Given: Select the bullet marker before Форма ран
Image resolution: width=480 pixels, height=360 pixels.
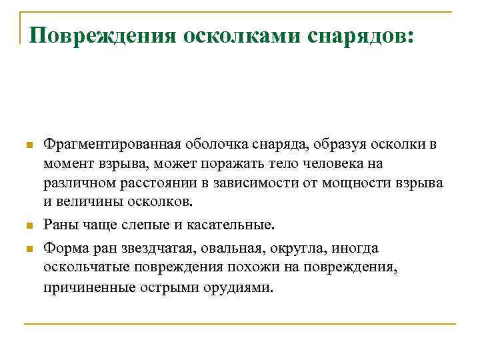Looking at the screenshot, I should (x=27, y=249).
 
